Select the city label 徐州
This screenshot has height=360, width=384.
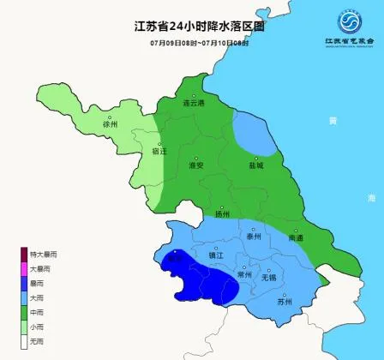pos(109,124)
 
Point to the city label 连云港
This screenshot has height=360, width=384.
pos(196,103)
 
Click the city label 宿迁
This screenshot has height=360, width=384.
pos(159,150)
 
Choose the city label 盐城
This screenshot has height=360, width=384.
pos(256,165)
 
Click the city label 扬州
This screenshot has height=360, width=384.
pos(222,214)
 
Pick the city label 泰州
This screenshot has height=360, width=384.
pos(253,235)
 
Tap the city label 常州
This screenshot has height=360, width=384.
pos(245,275)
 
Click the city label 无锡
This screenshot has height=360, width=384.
pos(268,277)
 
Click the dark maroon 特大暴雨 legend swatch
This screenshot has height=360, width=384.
pos(25,254)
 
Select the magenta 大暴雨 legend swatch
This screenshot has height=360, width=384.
pos(25,268)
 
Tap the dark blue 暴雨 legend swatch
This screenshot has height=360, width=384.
pos(25,283)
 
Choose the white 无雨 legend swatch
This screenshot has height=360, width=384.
pos(25,341)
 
